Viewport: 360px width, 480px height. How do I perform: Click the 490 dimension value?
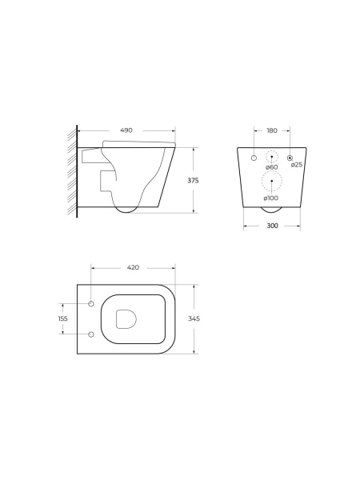(x=126, y=130)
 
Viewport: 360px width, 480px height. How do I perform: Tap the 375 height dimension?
(x=193, y=181)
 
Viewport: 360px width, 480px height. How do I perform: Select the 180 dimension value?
(x=272, y=130)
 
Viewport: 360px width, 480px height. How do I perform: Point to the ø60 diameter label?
(x=272, y=167)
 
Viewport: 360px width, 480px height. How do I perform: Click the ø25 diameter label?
(x=297, y=165)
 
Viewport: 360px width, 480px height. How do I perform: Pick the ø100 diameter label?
(x=271, y=198)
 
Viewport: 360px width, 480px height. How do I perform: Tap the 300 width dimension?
(x=273, y=226)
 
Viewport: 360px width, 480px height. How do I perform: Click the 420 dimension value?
(x=133, y=267)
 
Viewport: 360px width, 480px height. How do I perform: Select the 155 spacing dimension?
(x=62, y=318)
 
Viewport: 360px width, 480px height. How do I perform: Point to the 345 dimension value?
(x=194, y=318)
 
